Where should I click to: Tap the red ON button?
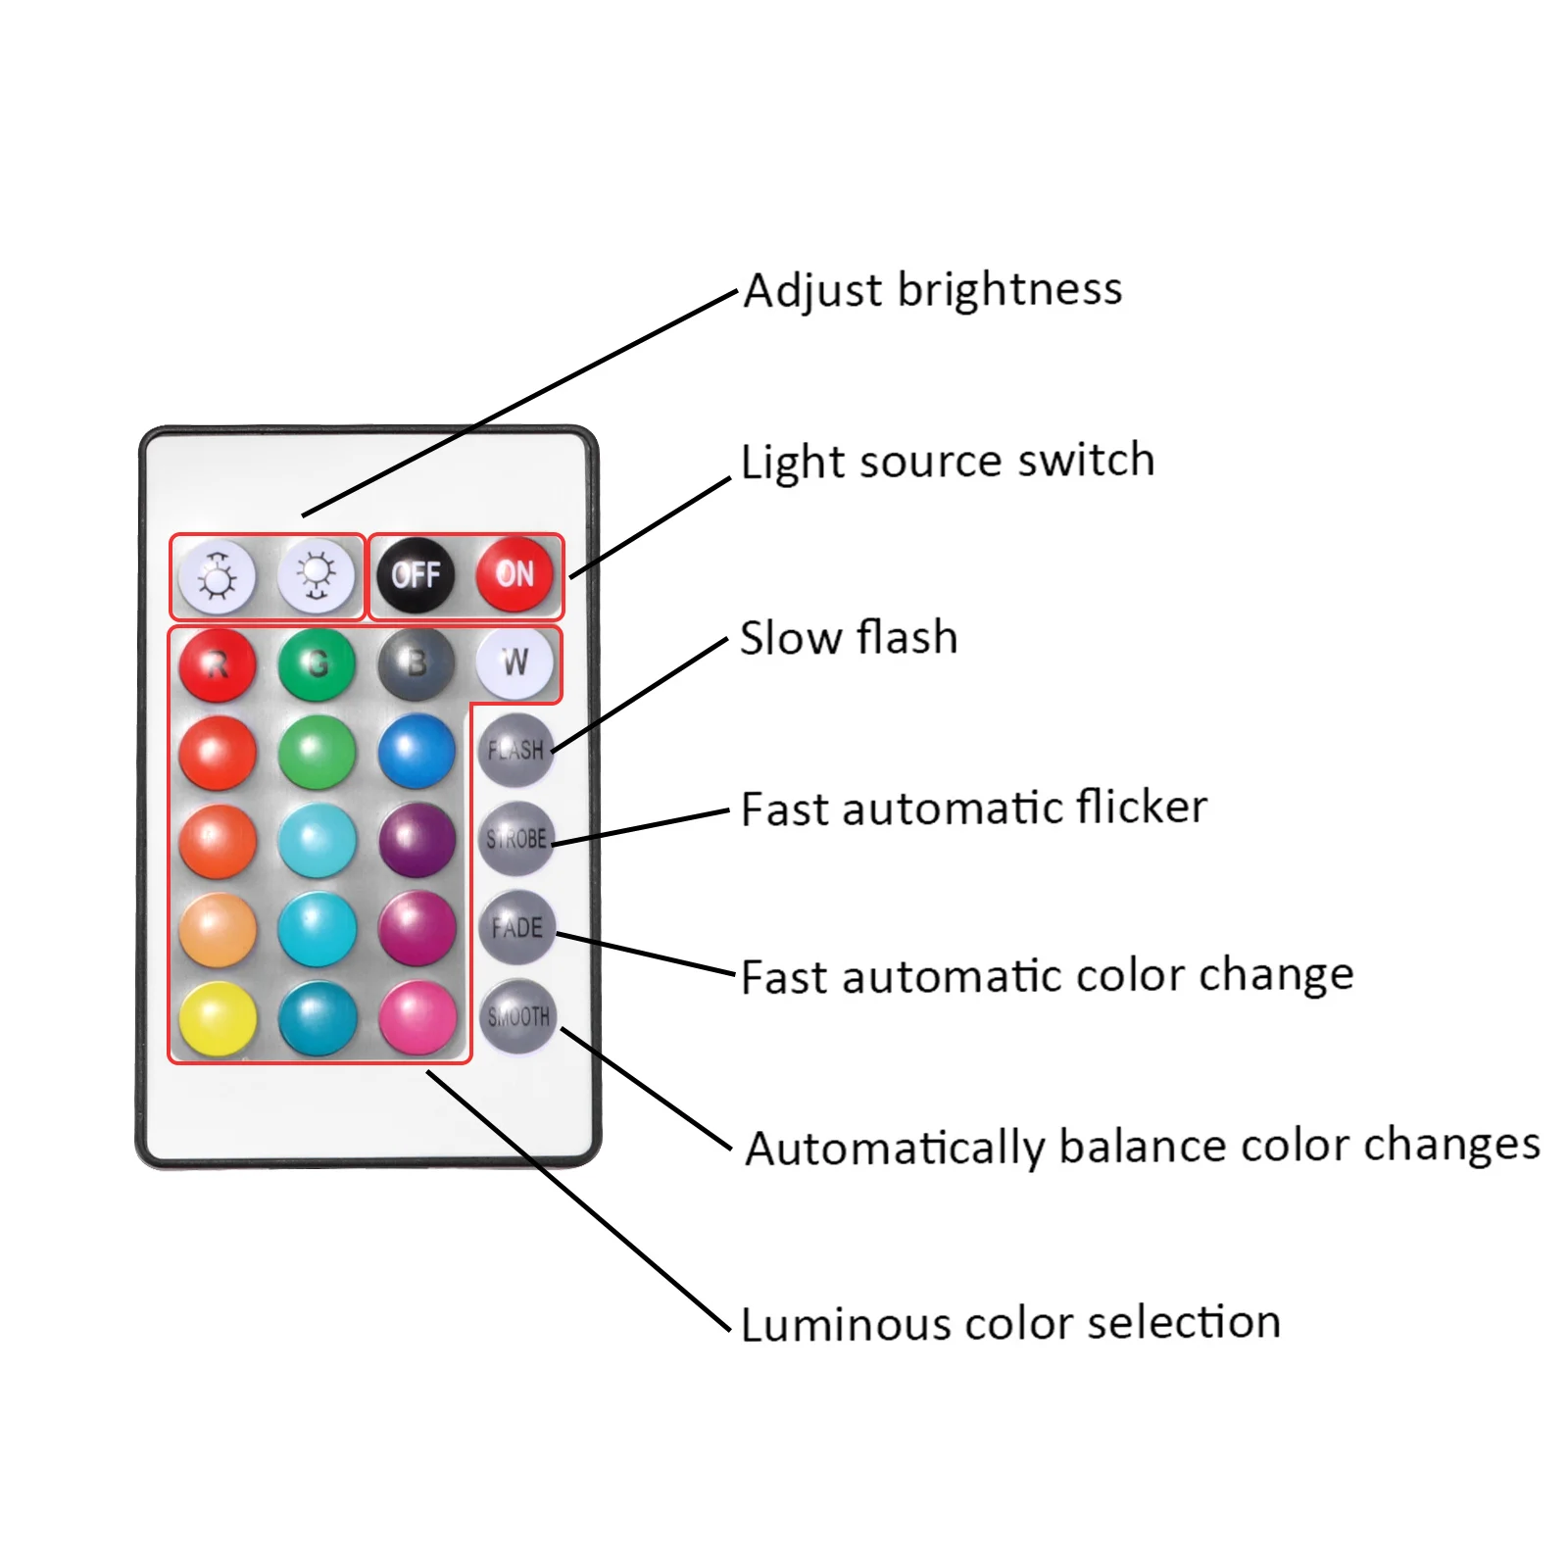514,574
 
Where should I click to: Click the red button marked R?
218,665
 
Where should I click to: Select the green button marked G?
317,665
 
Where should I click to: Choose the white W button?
514,663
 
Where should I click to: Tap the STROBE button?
516,839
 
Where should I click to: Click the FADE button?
516,927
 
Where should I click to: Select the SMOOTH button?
517,1016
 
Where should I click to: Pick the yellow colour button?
218,1018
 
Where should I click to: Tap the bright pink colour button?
417,1018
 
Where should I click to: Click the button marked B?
416,665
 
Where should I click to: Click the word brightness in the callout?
1009,290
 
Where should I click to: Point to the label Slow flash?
849,638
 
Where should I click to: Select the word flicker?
1142,808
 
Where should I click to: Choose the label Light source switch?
948,462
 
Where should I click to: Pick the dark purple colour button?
417,841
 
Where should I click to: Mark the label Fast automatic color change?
1047,977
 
